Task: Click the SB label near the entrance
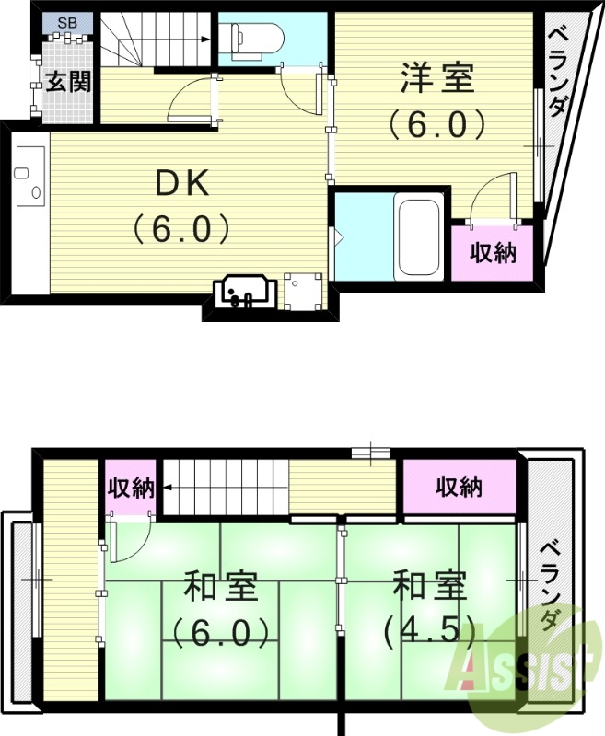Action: tap(67, 22)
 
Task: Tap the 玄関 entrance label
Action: tap(68, 82)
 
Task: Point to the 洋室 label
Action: tap(437, 78)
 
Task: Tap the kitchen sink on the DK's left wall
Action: tap(29, 175)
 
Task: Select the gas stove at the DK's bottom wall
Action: tap(243, 291)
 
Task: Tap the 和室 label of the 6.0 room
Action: tap(219, 585)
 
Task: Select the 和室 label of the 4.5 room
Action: tap(429, 585)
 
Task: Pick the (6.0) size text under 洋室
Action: tap(436, 123)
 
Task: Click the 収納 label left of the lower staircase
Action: tap(130, 488)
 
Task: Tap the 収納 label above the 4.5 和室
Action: tap(459, 485)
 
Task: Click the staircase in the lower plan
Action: tap(226, 487)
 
